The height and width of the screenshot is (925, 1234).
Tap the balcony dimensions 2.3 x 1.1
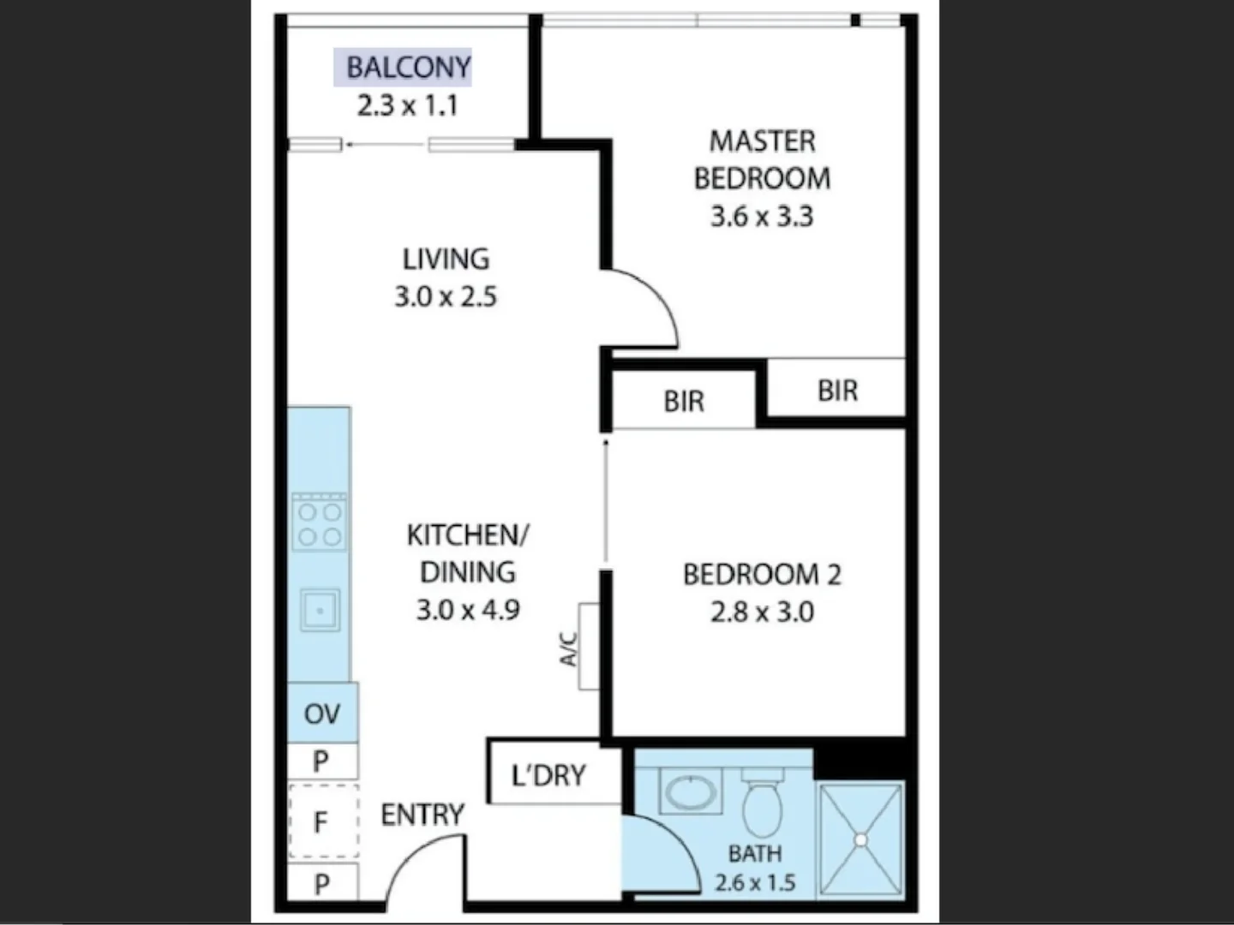coord(407,105)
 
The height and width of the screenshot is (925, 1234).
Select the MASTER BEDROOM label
coord(762,159)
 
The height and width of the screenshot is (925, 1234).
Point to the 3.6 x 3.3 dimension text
coord(762,216)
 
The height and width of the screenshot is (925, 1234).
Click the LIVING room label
coord(446,259)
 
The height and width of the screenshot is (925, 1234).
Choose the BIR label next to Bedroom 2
coord(683,401)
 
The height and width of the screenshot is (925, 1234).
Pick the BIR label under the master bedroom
coord(837,391)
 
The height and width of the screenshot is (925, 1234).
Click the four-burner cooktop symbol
coord(320,524)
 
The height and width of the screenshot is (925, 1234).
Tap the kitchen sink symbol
coord(320,611)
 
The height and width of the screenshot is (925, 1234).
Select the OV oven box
coord(322,713)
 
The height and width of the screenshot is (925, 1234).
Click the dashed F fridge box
coord(322,822)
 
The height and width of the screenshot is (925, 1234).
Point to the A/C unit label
coord(570,648)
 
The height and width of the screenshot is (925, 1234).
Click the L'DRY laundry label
coord(548,775)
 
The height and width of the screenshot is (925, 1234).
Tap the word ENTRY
coord(422,815)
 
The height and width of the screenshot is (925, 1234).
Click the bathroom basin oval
coord(691,792)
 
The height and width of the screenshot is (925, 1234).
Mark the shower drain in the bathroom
coord(860,840)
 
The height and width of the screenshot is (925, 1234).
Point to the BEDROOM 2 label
coord(762,574)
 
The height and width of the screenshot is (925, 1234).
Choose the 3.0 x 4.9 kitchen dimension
coord(468,610)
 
